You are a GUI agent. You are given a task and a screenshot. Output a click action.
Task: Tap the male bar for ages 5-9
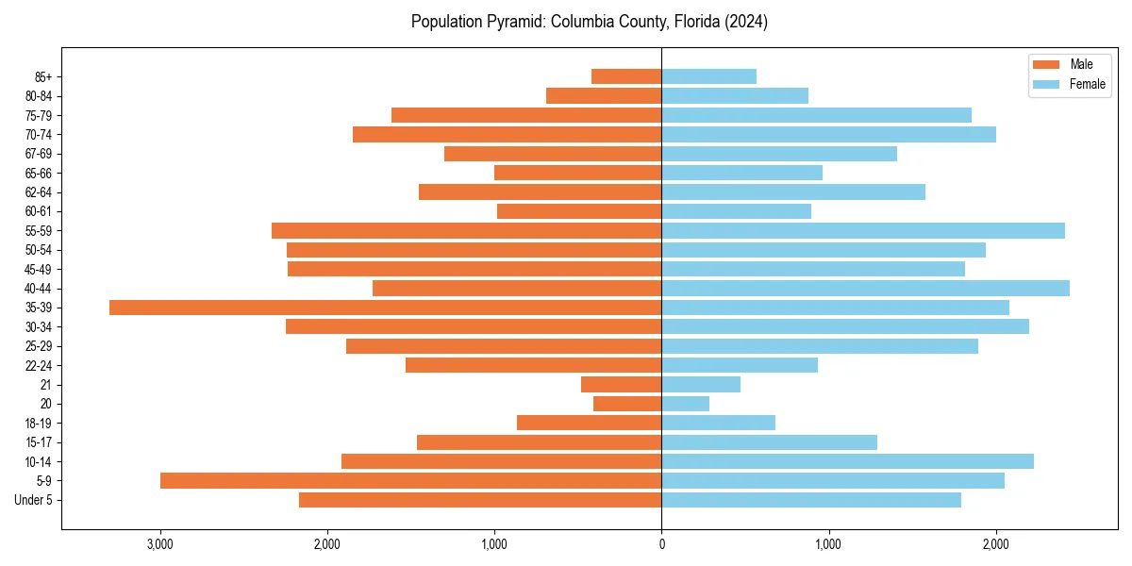(410, 480)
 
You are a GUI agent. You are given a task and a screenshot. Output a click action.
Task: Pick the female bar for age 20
(685, 404)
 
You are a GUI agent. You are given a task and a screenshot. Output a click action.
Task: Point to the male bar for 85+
(626, 76)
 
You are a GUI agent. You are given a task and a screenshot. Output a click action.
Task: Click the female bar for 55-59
(863, 230)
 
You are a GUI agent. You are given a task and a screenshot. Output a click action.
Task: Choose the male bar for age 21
(621, 384)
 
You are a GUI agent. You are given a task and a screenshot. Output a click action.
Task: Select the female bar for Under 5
(811, 500)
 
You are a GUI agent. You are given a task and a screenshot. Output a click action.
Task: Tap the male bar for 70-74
(507, 134)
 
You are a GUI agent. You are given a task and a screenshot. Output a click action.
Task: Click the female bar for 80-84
(735, 95)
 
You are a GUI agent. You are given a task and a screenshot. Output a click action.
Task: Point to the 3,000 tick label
(160, 544)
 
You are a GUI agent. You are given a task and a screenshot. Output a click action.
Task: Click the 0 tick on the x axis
(661, 544)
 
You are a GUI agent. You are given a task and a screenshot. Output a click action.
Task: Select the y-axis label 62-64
(39, 192)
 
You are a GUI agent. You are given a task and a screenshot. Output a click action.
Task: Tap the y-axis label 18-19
(39, 423)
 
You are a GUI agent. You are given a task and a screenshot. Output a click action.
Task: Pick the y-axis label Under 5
(34, 500)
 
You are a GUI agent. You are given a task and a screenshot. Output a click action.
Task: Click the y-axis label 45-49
(39, 269)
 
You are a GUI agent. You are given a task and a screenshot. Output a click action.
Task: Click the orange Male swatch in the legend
(1047, 64)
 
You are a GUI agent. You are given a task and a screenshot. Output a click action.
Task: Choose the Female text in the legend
(1088, 84)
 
